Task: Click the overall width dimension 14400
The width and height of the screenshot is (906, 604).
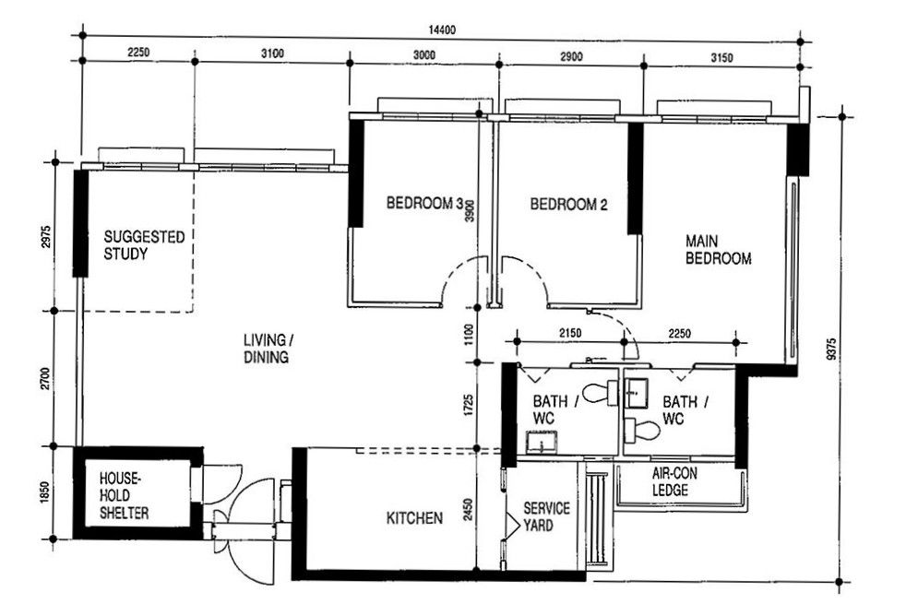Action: click(x=442, y=30)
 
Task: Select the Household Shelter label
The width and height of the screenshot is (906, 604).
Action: click(x=124, y=495)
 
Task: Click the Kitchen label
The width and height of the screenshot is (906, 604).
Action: click(x=414, y=518)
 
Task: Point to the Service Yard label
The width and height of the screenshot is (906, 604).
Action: click(x=546, y=516)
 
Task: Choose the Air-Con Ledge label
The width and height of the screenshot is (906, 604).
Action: click(x=674, y=481)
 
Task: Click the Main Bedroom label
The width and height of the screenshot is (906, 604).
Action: click(x=718, y=250)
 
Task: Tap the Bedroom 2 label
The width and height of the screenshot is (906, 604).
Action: click(x=568, y=204)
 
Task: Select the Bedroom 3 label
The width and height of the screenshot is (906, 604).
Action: click(x=424, y=203)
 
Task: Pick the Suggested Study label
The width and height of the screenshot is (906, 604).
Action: click(x=144, y=245)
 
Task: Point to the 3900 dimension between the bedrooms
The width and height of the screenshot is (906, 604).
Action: click(x=470, y=210)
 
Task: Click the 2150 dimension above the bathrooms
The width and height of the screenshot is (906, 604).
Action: click(x=570, y=333)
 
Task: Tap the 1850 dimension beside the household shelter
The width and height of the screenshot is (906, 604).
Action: click(x=46, y=492)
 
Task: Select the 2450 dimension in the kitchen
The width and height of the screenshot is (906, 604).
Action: click(x=469, y=509)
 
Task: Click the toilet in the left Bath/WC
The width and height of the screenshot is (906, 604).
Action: click(x=600, y=393)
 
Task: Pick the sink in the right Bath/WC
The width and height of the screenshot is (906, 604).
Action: click(x=637, y=393)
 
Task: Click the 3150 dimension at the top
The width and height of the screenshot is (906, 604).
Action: click(x=721, y=57)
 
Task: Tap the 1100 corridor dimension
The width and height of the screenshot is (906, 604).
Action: click(x=469, y=335)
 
